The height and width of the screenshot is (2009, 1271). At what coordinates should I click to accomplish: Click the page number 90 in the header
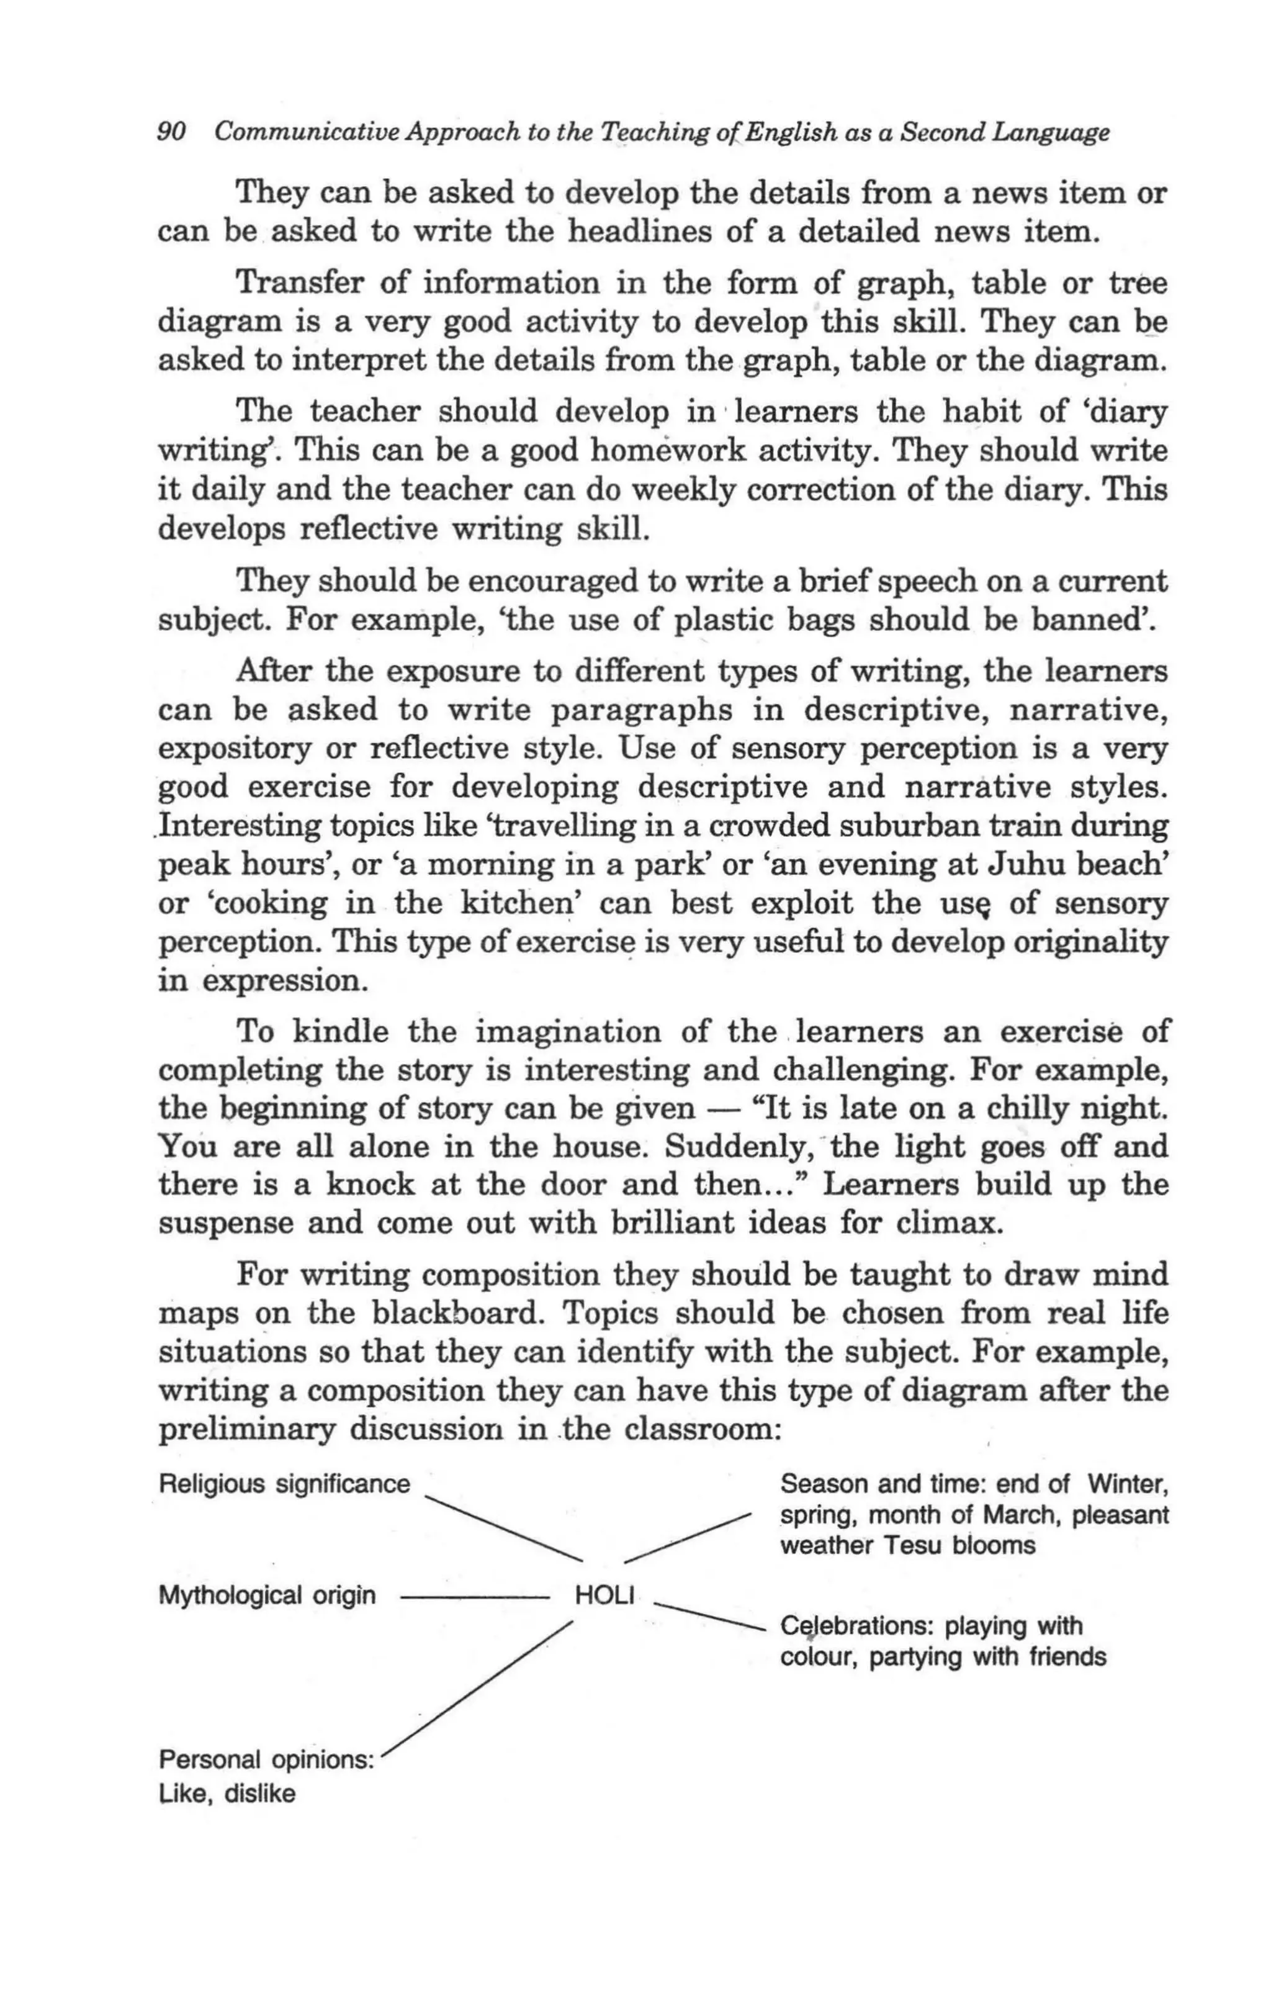click(x=171, y=132)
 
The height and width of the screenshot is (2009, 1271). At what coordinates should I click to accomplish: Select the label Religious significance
click(x=284, y=1484)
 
